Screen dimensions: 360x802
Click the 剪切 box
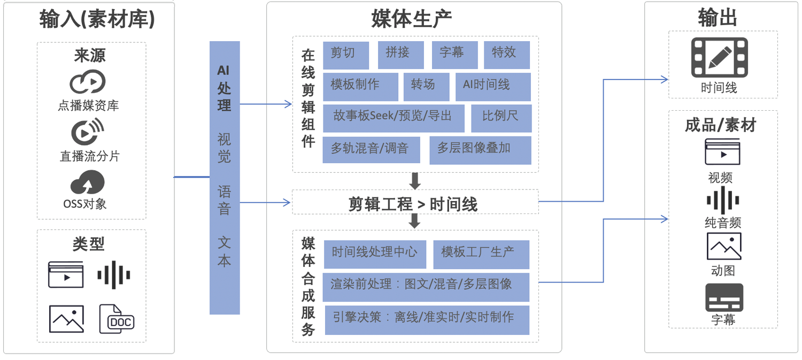tap(345, 55)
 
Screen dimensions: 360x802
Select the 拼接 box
tap(400, 55)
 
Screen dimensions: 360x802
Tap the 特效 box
tap(506, 55)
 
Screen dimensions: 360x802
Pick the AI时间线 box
tap(492, 87)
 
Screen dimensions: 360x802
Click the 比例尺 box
tap(501, 118)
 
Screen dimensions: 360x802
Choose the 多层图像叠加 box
tap(480, 150)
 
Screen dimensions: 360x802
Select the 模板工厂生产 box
tap(481, 254)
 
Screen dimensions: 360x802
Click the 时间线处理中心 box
tap(375, 254)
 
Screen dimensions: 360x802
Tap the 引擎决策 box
tap(426, 320)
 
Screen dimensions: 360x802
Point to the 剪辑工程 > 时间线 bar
tap(415, 202)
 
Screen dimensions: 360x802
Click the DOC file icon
tap(117, 319)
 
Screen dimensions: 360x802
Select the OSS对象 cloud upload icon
tap(88, 182)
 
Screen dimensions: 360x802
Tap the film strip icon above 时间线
tap(719, 58)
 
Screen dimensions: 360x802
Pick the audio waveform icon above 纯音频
tap(723, 200)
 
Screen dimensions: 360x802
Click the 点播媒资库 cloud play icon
tap(88, 82)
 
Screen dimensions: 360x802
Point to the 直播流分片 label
tap(90, 156)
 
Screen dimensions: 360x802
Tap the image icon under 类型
tap(66, 319)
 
